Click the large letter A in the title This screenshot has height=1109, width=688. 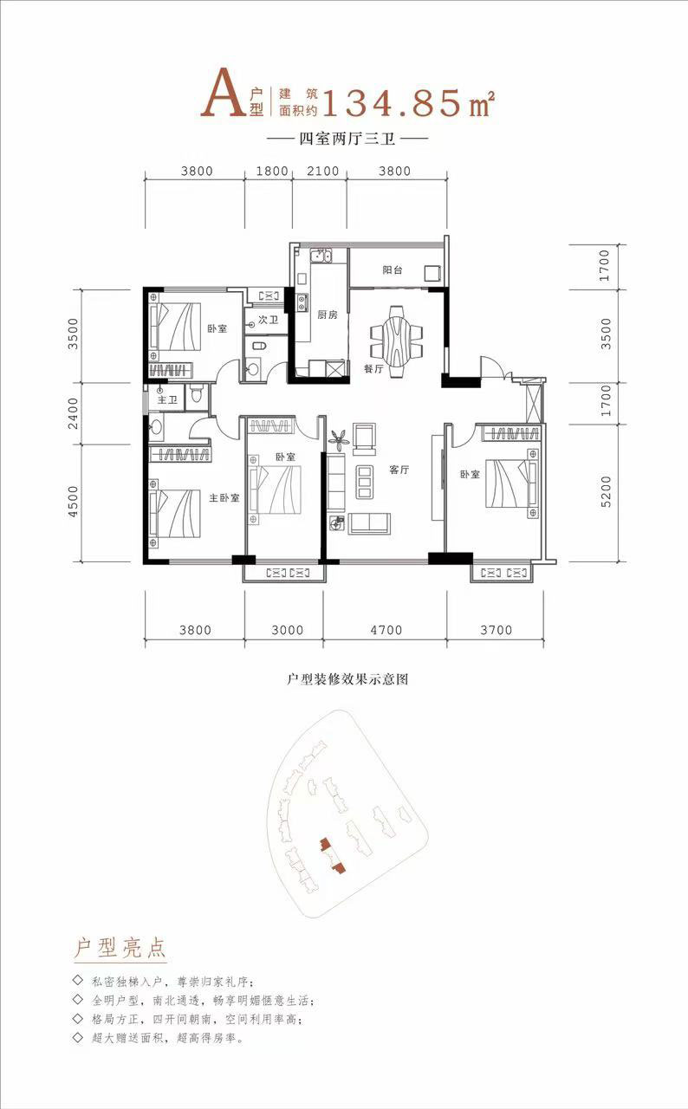(x=220, y=95)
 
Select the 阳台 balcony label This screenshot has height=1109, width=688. (x=393, y=270)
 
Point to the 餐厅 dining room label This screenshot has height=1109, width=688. (x=373, y=368)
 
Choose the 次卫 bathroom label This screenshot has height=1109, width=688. (x=268, y=320)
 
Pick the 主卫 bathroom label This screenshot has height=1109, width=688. (x=167, y=399)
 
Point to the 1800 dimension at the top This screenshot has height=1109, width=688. (x=272, y=172)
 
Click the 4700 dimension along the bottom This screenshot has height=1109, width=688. (x=386, y=630)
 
